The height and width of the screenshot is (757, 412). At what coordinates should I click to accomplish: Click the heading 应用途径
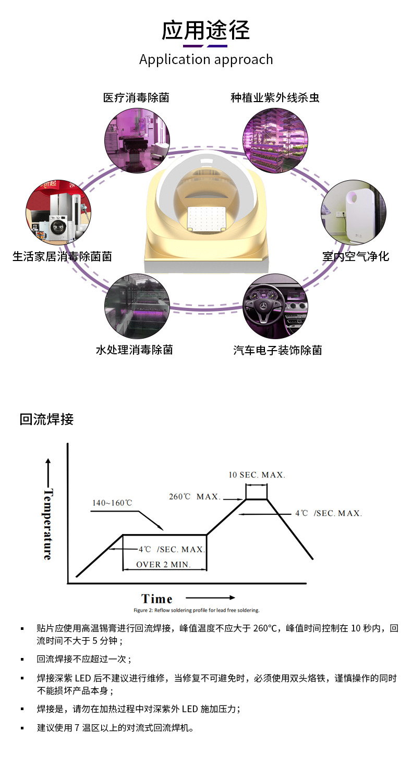(205, 30)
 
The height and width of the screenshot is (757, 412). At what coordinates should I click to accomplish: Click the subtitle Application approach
(206, 59)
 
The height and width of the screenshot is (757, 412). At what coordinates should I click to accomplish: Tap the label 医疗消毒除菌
(136, 97)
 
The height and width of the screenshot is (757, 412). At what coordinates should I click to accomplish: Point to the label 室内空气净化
(355, 256)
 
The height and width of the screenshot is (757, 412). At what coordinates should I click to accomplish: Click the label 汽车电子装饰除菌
(277, 350)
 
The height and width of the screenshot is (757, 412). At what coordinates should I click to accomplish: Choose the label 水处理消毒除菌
(134, 350)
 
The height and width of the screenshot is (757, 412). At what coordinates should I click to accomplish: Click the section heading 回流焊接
(46, 419)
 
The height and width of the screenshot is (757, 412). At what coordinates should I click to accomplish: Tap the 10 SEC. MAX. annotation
(257, 475)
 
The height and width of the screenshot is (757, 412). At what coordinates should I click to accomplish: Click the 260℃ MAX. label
(195, 497)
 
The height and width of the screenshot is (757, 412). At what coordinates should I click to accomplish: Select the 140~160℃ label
(112, 503)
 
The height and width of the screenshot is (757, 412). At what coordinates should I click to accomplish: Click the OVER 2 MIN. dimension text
(163, 564)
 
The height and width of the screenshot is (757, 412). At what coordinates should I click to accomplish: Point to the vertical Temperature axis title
(48, 524)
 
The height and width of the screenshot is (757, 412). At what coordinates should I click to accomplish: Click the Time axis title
(156, 599)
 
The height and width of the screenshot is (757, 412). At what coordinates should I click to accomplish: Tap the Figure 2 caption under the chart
(196, 610)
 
